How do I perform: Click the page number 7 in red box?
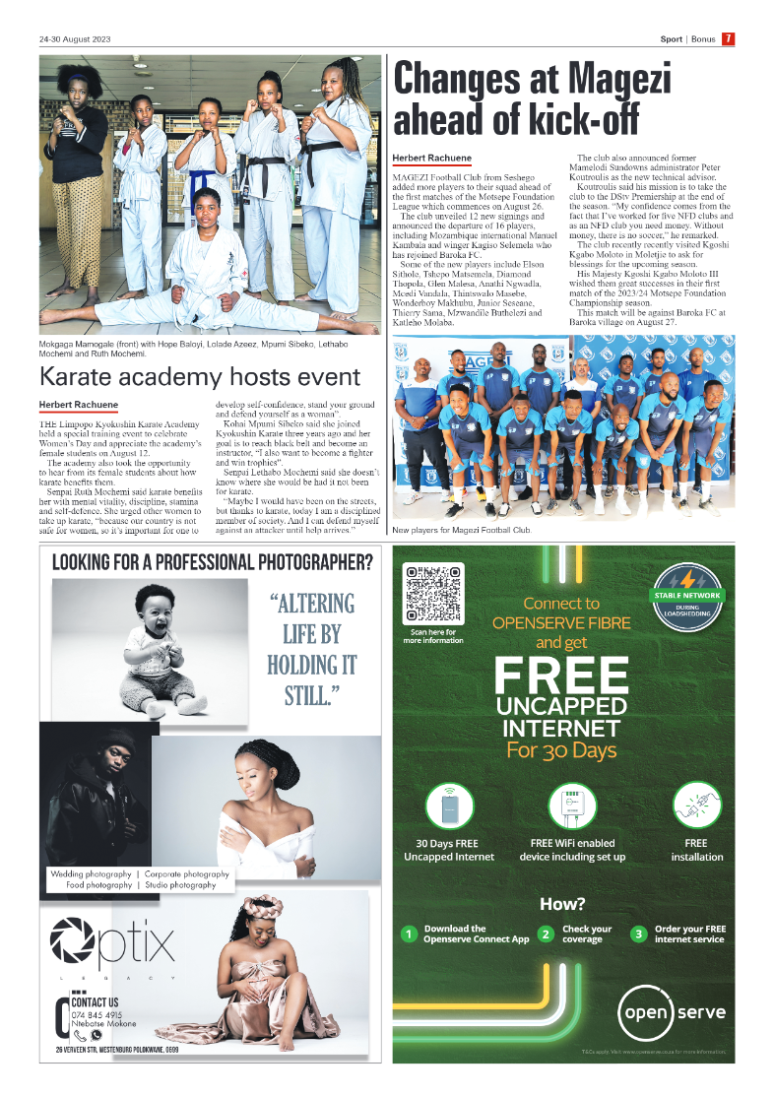tap(728, 39)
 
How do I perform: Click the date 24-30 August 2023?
tap(76, 39)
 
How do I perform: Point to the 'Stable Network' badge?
tap(686, 593)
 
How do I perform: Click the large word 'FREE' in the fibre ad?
tap(560, 677)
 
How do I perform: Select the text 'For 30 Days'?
tap(560, 750)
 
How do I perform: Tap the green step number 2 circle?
tap(545, 934)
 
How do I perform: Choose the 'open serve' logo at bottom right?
tap(673, 1011)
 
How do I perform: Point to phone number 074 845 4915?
tap(97, 1014)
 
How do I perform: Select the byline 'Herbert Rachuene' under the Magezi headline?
tap(431, 158)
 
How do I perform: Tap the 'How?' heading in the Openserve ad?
tap(561, 904)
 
